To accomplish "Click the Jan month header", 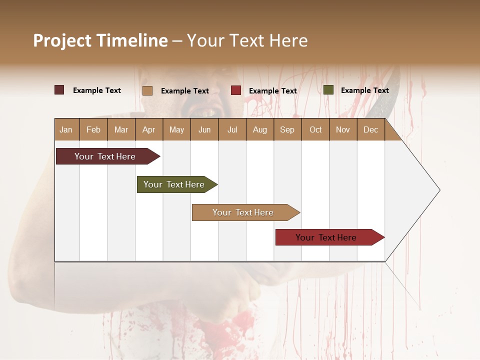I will tap(66, 129).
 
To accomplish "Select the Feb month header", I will tap(93, 129).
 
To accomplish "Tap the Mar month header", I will tap(121, 129).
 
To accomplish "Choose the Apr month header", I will tap(148, 129).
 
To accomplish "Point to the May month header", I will tap(176, 129).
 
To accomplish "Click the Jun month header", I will tap(204, 129).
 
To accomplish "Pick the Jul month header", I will tap(232, 129).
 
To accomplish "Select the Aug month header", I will tap(259, 129).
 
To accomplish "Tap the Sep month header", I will tap(287, 129).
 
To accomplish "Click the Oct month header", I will tap(315, 129).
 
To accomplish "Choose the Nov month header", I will tap(343, 129).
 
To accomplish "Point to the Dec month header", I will tap(370, 129).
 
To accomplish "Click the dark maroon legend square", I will tap(59, 90).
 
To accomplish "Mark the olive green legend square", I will tap(328, 90).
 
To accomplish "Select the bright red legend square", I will tap(236, 90).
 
